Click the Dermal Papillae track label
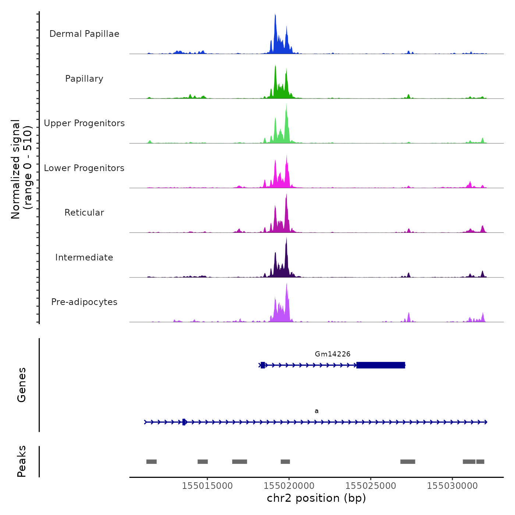[84, 34]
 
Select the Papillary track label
[84, 79]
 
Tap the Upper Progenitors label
[84, 123]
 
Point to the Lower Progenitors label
[84, 168]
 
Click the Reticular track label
[84, 213]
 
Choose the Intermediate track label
[84, 257]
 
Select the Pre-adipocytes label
[84, 302]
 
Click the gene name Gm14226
[333, 354]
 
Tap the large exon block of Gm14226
[381, 365]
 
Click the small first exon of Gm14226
[263, 365]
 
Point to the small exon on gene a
[184, 422]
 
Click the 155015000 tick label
[207, 486]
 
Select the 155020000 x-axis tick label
[289, 486]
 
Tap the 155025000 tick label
[371, 486]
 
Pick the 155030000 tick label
[452, 486]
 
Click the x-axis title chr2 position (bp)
[316, 498]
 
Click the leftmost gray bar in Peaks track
[152, 461]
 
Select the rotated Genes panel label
[22, 385]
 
